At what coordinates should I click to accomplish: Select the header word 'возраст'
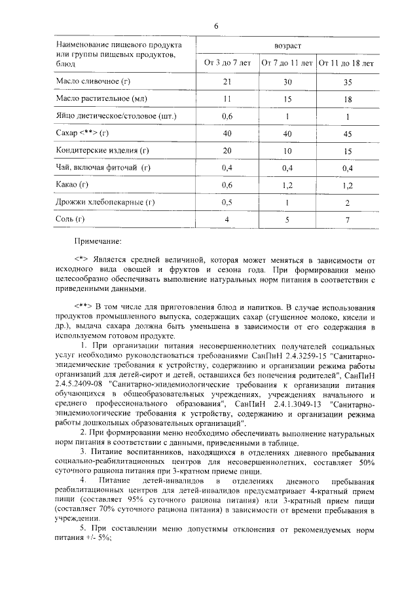[x=288, y=47]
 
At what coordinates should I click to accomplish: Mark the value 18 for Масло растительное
[x=347, y=99]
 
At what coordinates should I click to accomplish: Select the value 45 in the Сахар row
[x=347, y=134]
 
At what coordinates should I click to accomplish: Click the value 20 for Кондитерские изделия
[x=228, y=151]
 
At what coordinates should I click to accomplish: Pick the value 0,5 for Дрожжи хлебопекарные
[x=228, y=202]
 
